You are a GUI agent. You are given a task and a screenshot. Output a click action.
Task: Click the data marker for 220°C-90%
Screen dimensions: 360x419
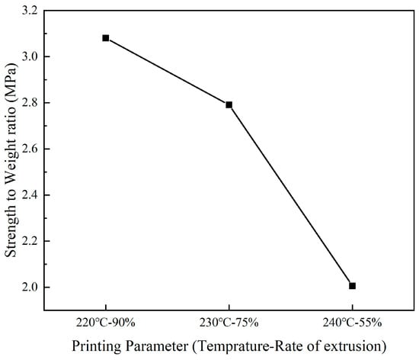(x=105, y=37)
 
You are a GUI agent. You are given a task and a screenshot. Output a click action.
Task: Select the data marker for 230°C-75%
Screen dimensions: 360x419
(x=229, y=104)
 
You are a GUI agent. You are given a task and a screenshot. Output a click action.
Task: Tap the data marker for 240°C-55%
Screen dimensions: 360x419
(x=352, y=285)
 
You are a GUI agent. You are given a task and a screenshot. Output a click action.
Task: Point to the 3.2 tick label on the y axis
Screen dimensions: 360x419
(x=34, y=11)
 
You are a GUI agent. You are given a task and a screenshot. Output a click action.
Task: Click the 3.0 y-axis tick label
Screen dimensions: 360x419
(x=34, y=56)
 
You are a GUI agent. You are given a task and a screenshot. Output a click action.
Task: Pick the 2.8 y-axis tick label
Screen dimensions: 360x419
(x=34, y=103)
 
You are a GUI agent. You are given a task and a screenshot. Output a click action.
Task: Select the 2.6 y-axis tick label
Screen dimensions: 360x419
(x=34, y=149)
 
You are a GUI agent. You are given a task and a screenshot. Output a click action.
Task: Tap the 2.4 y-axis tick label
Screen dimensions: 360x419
(x=34, y=195)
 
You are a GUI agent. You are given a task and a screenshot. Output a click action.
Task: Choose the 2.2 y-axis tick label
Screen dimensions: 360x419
(x=34, y=241)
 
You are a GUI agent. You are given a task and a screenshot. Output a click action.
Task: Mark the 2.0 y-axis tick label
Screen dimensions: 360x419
(x=34, y=288)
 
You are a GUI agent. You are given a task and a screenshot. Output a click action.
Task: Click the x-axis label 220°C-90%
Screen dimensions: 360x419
(x=105, y=320)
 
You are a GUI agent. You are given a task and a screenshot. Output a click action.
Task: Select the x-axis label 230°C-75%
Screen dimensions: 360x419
(x=229, y=320)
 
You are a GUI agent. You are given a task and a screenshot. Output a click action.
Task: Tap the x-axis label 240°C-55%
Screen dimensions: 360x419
(x=352, y=320)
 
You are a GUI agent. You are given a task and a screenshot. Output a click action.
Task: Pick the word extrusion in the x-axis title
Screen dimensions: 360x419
(x=352, y=345)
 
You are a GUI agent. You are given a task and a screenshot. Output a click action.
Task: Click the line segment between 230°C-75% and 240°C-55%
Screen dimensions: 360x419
(x=290, y=195)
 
